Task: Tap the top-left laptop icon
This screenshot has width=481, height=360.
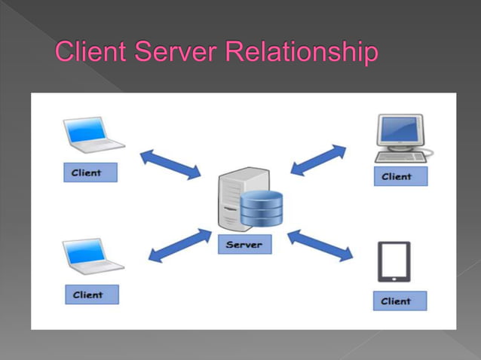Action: pyautogui.click(x=91, y=136)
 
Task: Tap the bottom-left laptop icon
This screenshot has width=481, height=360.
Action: pyautogui.click(x=91, y=257)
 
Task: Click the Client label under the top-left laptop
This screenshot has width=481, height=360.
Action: pyautogui.click(x=89, y=172)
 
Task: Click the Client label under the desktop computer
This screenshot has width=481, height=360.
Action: pyautogui.click(x=400, y=177)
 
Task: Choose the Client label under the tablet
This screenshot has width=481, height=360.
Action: pyautogui.click(x=399, y=301)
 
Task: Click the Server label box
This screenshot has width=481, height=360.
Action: pyautogui.click(x=244, y=245)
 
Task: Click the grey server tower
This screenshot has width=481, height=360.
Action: pyautogui.click(x=231, y=198)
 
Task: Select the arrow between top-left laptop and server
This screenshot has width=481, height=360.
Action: pyautogui.click(x=170, y=164)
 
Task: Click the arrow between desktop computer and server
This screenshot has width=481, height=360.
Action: pyautogui.click(x=317, y=160)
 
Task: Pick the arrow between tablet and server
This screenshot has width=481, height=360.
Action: pyautogui.click(x=320, y=246)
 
